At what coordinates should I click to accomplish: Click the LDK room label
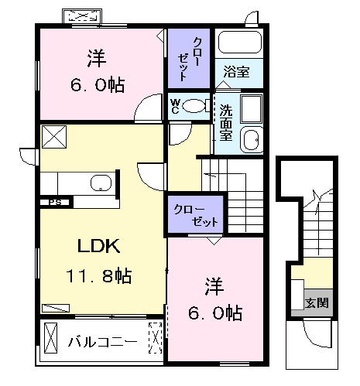(98, 247)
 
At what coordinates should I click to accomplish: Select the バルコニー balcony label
(101, 341)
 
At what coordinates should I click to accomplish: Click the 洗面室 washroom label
(226, 122)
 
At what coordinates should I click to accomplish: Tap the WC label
(175, 105)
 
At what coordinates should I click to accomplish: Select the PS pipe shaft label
(55, 203)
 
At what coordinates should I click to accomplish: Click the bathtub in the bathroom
(238, 43)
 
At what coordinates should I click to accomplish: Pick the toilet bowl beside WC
(197, 105)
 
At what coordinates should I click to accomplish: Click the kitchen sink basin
(101, 183)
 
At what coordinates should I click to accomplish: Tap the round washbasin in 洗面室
(250, 140)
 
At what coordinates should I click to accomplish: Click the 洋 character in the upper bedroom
(95, 58)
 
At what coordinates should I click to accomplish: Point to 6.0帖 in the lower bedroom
(214, 313)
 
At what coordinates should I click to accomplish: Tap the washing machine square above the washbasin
(250, 109)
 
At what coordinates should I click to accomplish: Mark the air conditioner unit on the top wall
(81, 17)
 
